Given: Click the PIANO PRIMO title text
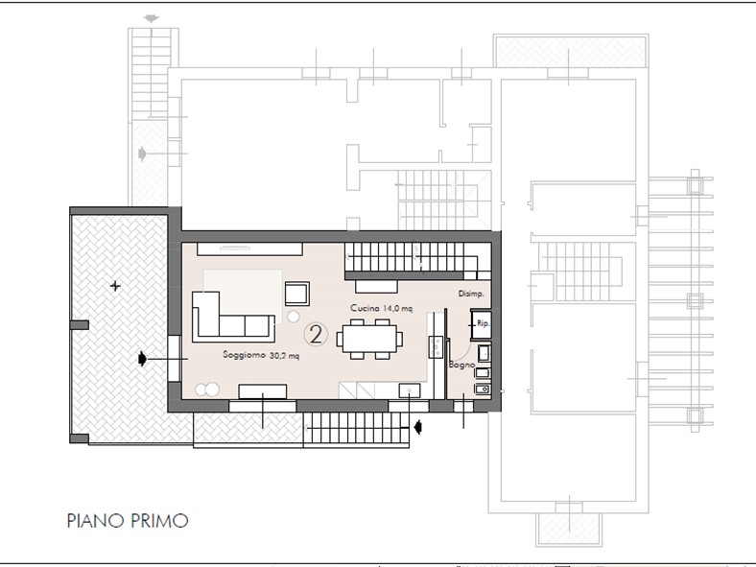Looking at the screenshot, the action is point(128,521).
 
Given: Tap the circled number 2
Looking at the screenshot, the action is point(316,334).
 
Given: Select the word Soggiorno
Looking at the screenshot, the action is point(244,354).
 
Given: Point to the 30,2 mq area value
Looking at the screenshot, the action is point(284,356).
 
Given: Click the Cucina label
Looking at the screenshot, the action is point(365,308).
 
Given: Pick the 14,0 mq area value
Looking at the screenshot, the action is point(398,309).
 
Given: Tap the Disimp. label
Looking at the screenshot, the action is point(471,294).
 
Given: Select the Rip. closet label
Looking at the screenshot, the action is point(484,323).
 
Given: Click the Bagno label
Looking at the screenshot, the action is point(461,365).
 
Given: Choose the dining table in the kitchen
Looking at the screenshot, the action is point(369,339).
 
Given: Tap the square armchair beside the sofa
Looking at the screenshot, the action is point(297,294).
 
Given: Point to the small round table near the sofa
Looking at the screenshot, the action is point(294,317).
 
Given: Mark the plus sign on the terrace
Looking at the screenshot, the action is point(115,286).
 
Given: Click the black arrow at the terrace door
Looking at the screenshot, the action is point(142,358).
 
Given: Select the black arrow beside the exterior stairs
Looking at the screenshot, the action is point(418,427).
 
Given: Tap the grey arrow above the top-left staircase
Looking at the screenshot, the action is point(152,19).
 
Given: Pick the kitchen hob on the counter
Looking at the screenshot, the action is point(436,346).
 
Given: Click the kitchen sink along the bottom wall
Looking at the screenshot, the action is point(410,390).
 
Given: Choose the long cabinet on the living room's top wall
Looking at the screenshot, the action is point(249,249).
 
